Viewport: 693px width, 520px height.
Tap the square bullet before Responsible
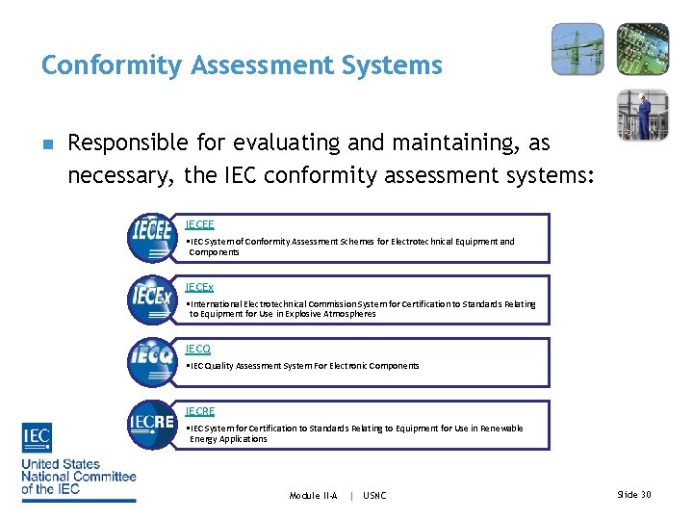pyautogui.click(x=47, y=145)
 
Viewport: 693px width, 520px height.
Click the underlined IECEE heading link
pyautogui.click(x=199, y=224)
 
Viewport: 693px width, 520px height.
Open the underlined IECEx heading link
pyautogui.click(x=199, y=287)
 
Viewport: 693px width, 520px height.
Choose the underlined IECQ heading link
pyautogui.click(x=198, y=349)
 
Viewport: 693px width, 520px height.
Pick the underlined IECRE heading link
pyautogui.click(x=200, y=411)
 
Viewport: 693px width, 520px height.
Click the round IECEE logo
pyautogui.click(x=151, y=238)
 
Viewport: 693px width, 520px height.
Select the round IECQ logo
pyautogui.click(x=151, y=362)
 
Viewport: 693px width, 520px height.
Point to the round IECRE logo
pyautogui.click(x=151, y=425)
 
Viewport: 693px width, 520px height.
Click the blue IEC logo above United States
pyautogui.click(x=38, y=438)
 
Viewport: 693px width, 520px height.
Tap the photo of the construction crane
pyautogui.click(x=577, y=49)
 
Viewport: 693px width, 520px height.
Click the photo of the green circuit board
pyautogui.click(x=643, y=49)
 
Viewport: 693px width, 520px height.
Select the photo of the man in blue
pyautogui.click(x=643, y=115)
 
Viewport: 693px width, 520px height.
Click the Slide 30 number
pyautogui.click(x=633, y=494)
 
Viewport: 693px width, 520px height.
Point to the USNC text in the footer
pyautogui.click(x=374, y=495)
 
